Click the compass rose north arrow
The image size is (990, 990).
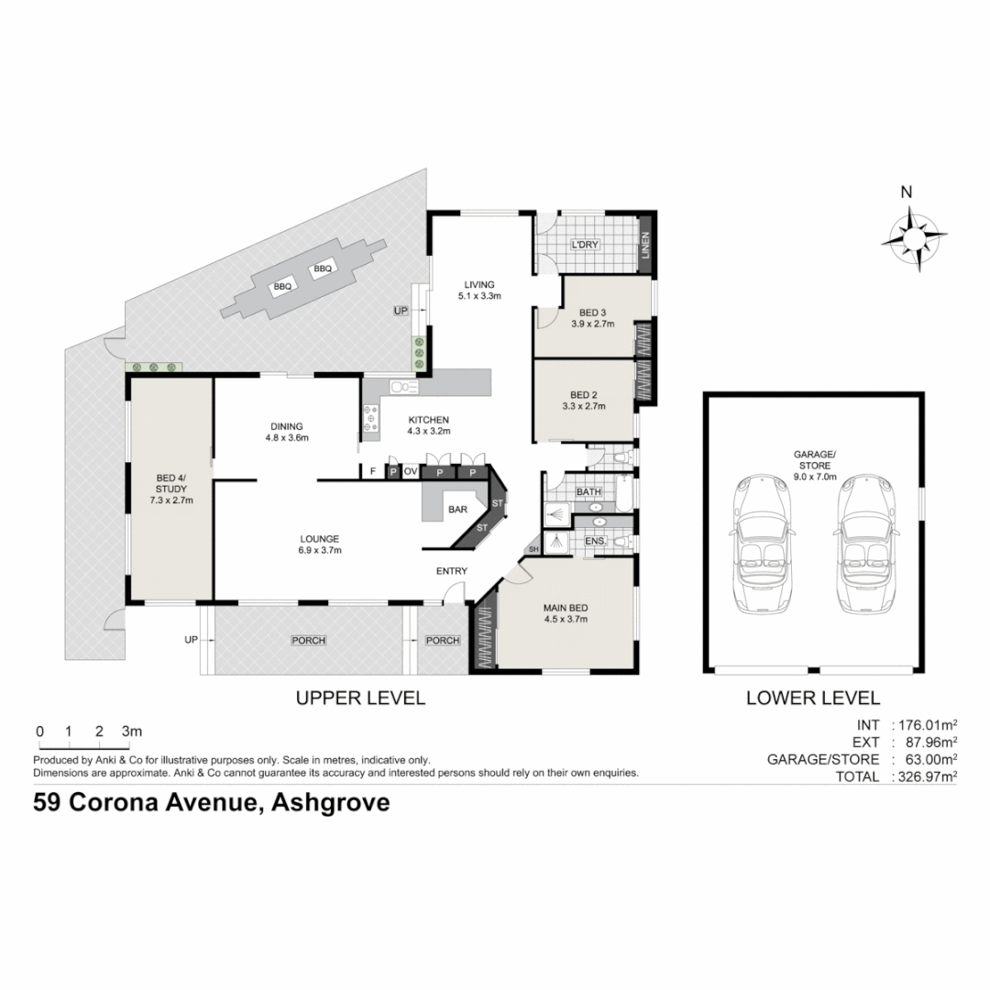[x=914, y=237]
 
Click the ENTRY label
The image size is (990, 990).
[x=452, y=571]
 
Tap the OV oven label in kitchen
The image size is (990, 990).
[x=411, y=472]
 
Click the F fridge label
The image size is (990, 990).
[x=372, y=472]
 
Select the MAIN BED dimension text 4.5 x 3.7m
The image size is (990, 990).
[x=565, y=620]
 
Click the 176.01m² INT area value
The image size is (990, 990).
[x=923, y=724]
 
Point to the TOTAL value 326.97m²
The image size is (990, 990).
[x=923, y=776]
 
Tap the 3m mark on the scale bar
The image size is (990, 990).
[x=132, y=731]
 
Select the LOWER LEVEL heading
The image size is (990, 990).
[x=813, y=698]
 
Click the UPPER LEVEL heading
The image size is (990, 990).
[x=360, y=698]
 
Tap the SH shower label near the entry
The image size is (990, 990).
[x=533, y=550]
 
